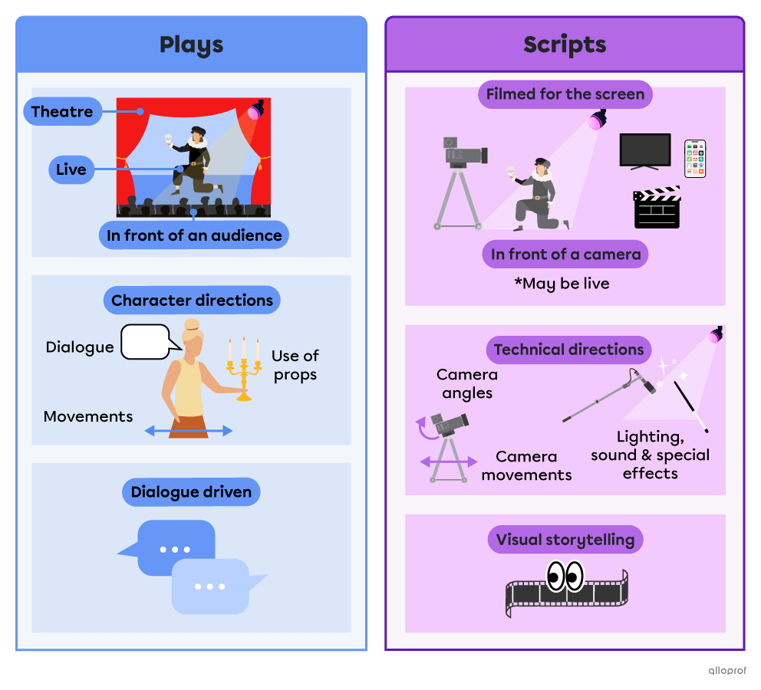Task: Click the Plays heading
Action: (x=191, y=44)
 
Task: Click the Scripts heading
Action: (x=565, y=44)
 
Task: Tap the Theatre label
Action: (x=63, y=112)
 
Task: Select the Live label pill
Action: (x=71, y=169)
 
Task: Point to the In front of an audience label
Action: (x=194, y=235)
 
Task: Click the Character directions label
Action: (x=192, y=301)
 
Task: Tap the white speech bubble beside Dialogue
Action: (x=146, y=341)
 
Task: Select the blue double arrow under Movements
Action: (x=189, y=432)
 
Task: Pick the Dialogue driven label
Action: (x=191, y=492)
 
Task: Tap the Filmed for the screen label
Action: (x=565, y=95)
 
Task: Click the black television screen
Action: (x=645, y=150)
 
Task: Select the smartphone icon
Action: (x=695, y=159)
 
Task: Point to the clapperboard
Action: (x=657, y=208)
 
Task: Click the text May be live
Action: (x=562, y=284)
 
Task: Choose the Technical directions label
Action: (x=568, y=350)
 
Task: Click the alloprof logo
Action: (x=728, y=669)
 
